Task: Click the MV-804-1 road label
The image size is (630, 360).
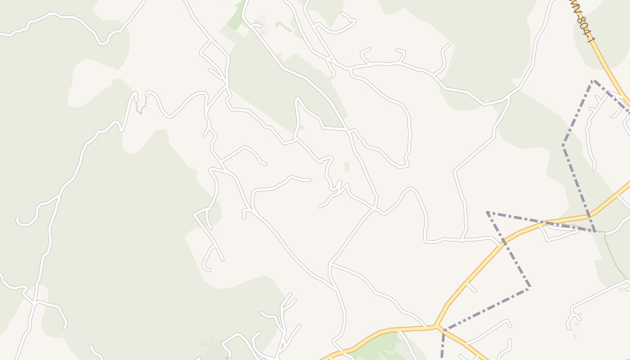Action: (583, 22)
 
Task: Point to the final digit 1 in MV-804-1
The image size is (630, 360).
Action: (593, 40)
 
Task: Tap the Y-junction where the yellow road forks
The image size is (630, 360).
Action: (436, 325)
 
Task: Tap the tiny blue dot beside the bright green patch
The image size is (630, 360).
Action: (256, 21)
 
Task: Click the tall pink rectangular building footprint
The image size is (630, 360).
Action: (346, 167)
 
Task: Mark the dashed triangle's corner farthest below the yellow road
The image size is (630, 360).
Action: (529, 287)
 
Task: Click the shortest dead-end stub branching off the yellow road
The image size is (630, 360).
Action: (472, 288)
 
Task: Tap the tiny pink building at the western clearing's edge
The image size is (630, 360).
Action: (117, 68)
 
